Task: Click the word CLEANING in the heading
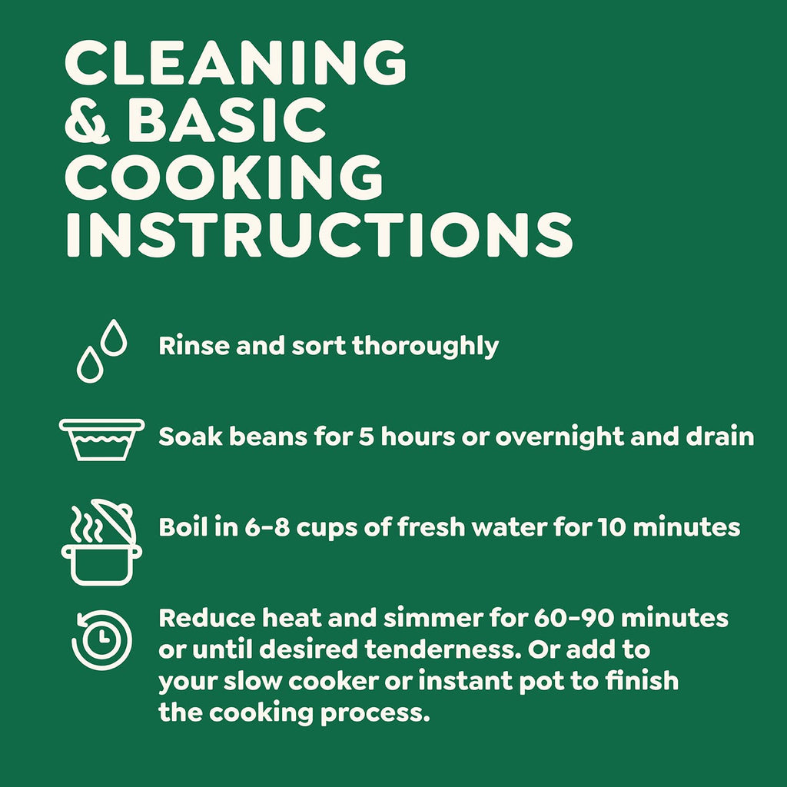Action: pos(235,62)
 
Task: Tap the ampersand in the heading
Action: pos(87,121)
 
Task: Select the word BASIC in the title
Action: pos(227,121)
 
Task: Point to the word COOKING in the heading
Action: pos(224,178)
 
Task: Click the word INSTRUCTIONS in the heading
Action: pos(319,235)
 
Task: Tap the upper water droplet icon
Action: pos(114,338)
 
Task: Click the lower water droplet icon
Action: pos(90,364)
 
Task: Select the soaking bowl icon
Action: pos(102,440)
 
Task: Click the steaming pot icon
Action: pos(101,542)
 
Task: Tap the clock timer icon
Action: pos(102,639)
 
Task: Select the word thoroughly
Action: pos(426,347)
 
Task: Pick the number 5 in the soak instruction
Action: pos(367,437)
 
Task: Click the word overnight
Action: pos(560,437)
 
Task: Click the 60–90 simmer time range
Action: pos(574,618)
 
